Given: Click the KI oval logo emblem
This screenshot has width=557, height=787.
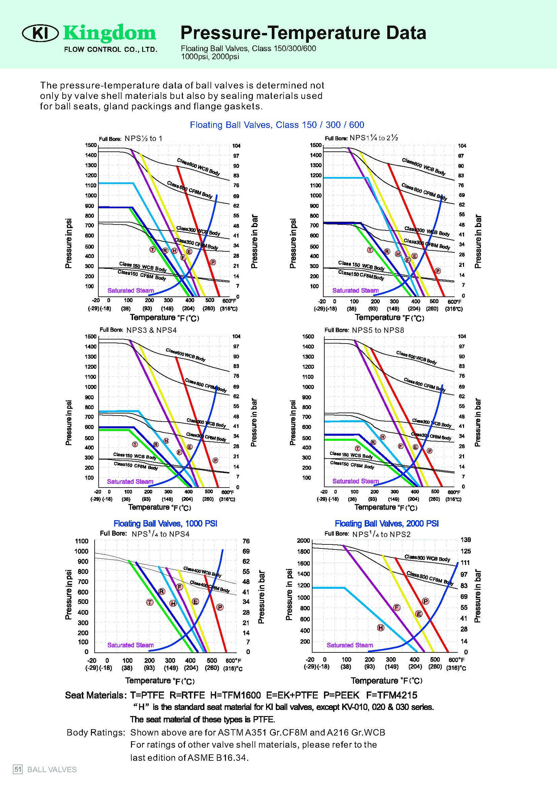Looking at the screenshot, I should tap(40, 33).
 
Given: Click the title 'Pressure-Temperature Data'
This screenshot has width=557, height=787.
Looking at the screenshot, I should tap(303, 33).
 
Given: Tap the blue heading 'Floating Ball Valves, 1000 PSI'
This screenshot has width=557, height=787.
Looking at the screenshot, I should tap(165, 524).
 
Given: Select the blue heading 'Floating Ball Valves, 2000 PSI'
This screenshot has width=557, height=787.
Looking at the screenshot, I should tap(387, 524).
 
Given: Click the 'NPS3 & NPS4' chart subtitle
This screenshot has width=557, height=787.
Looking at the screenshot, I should tap(152, 330).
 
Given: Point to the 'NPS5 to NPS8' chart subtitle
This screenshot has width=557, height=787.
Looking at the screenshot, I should tap(378, 330).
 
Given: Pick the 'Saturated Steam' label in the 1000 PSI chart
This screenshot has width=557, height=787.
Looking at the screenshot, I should tap(130, 645).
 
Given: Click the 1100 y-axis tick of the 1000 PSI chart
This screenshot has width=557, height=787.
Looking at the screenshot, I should tap(81, 541).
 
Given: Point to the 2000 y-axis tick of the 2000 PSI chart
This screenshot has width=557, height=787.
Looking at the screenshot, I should tap(303, 541).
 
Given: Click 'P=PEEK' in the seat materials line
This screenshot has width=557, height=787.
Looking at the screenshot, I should tap(341, 695).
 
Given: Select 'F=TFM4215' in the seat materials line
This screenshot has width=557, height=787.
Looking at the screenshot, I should tap(392, 695).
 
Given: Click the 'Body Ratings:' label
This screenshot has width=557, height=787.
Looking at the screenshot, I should tap(96, 732).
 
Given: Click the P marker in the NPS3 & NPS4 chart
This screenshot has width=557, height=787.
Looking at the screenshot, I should tap(216, 460).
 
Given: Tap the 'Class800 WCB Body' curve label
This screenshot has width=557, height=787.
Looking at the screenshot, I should tap(427, 558).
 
